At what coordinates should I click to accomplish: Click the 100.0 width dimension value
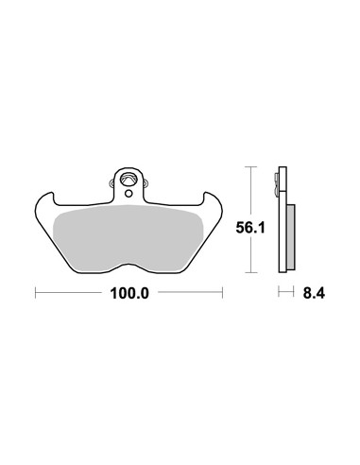[129, 294]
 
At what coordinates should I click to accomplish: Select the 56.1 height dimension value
[250, 228]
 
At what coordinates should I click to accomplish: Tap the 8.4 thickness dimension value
[314, 294]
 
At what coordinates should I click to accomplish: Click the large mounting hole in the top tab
[129, 181]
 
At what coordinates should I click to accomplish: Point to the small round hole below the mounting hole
[129, 194]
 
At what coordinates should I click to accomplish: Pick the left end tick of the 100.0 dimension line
[36, 292]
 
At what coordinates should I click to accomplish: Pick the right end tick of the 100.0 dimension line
[223, 292]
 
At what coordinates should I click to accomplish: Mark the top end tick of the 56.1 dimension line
[250, 166]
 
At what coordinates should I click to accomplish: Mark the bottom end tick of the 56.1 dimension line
[250, 272]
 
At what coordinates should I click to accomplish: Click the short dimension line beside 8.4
[286, 291]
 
